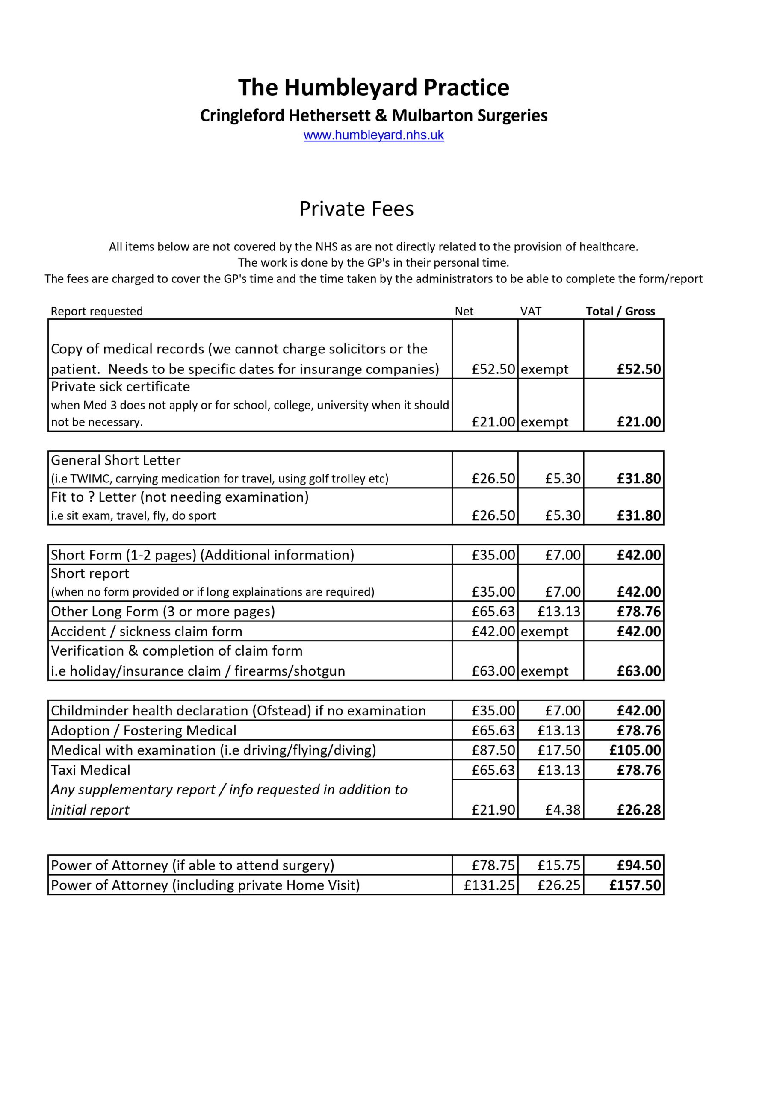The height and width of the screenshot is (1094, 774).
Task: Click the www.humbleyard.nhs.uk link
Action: click(x=373, y=135)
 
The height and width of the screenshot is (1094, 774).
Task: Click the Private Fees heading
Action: click(x=356, y=209)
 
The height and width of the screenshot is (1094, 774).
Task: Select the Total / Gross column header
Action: click(x=620, y=311)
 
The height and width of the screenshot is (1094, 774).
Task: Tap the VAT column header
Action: click(x=530, y=311)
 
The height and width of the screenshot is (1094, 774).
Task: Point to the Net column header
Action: click(x=464, y=311)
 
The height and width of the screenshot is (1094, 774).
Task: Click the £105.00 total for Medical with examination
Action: click(x=635, y=750)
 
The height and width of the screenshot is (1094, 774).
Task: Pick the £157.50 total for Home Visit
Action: click(x=635, y=885)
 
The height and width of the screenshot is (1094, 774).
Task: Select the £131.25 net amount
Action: click(x=489, y=885)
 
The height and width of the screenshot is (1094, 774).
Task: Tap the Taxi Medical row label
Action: click(x=91, y=770)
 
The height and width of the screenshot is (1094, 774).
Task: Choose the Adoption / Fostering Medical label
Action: click(x=144, y=730)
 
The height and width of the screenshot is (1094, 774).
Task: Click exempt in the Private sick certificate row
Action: click(x=545, y=422)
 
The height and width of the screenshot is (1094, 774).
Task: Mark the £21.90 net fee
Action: click(x=493, y=809)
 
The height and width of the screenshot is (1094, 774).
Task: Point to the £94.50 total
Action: click(x=638, y=865)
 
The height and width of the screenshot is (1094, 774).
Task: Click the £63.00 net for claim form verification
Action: click(x=493, y=671)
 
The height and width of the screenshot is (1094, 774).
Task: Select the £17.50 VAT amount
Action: click(x=559, y=750)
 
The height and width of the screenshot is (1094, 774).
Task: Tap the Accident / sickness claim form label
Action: click(x=146, y=631)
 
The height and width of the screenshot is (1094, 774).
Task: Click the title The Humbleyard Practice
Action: click(x=373, y=88)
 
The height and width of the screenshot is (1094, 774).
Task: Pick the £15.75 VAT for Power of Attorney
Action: click(x=559, y=865)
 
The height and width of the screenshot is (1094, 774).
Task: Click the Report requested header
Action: click(x=96, y=311)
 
